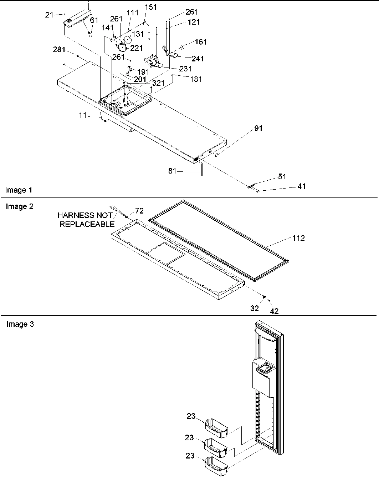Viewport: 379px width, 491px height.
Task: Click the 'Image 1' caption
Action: pos(19,190)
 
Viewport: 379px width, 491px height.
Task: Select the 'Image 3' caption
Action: pos(20,324)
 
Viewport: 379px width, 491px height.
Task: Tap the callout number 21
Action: pos(49,15)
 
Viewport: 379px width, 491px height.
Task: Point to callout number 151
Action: pos(150,7)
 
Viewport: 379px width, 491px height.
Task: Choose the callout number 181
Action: pos(196,79)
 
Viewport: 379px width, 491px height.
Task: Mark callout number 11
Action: pos(83,115)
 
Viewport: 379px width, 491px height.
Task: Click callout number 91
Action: pos(258,128)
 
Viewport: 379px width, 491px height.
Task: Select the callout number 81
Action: pos(173,171)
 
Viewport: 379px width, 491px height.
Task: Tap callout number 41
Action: pos(301,186)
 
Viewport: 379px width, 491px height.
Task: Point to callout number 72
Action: pos(139,211)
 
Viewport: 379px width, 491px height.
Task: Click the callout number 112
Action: pos(298,238)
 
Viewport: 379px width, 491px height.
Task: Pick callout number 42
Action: pos(274,311)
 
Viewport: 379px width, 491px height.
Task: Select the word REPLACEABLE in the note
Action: pos(87,224)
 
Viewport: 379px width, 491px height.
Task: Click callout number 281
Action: pos(59,49)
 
